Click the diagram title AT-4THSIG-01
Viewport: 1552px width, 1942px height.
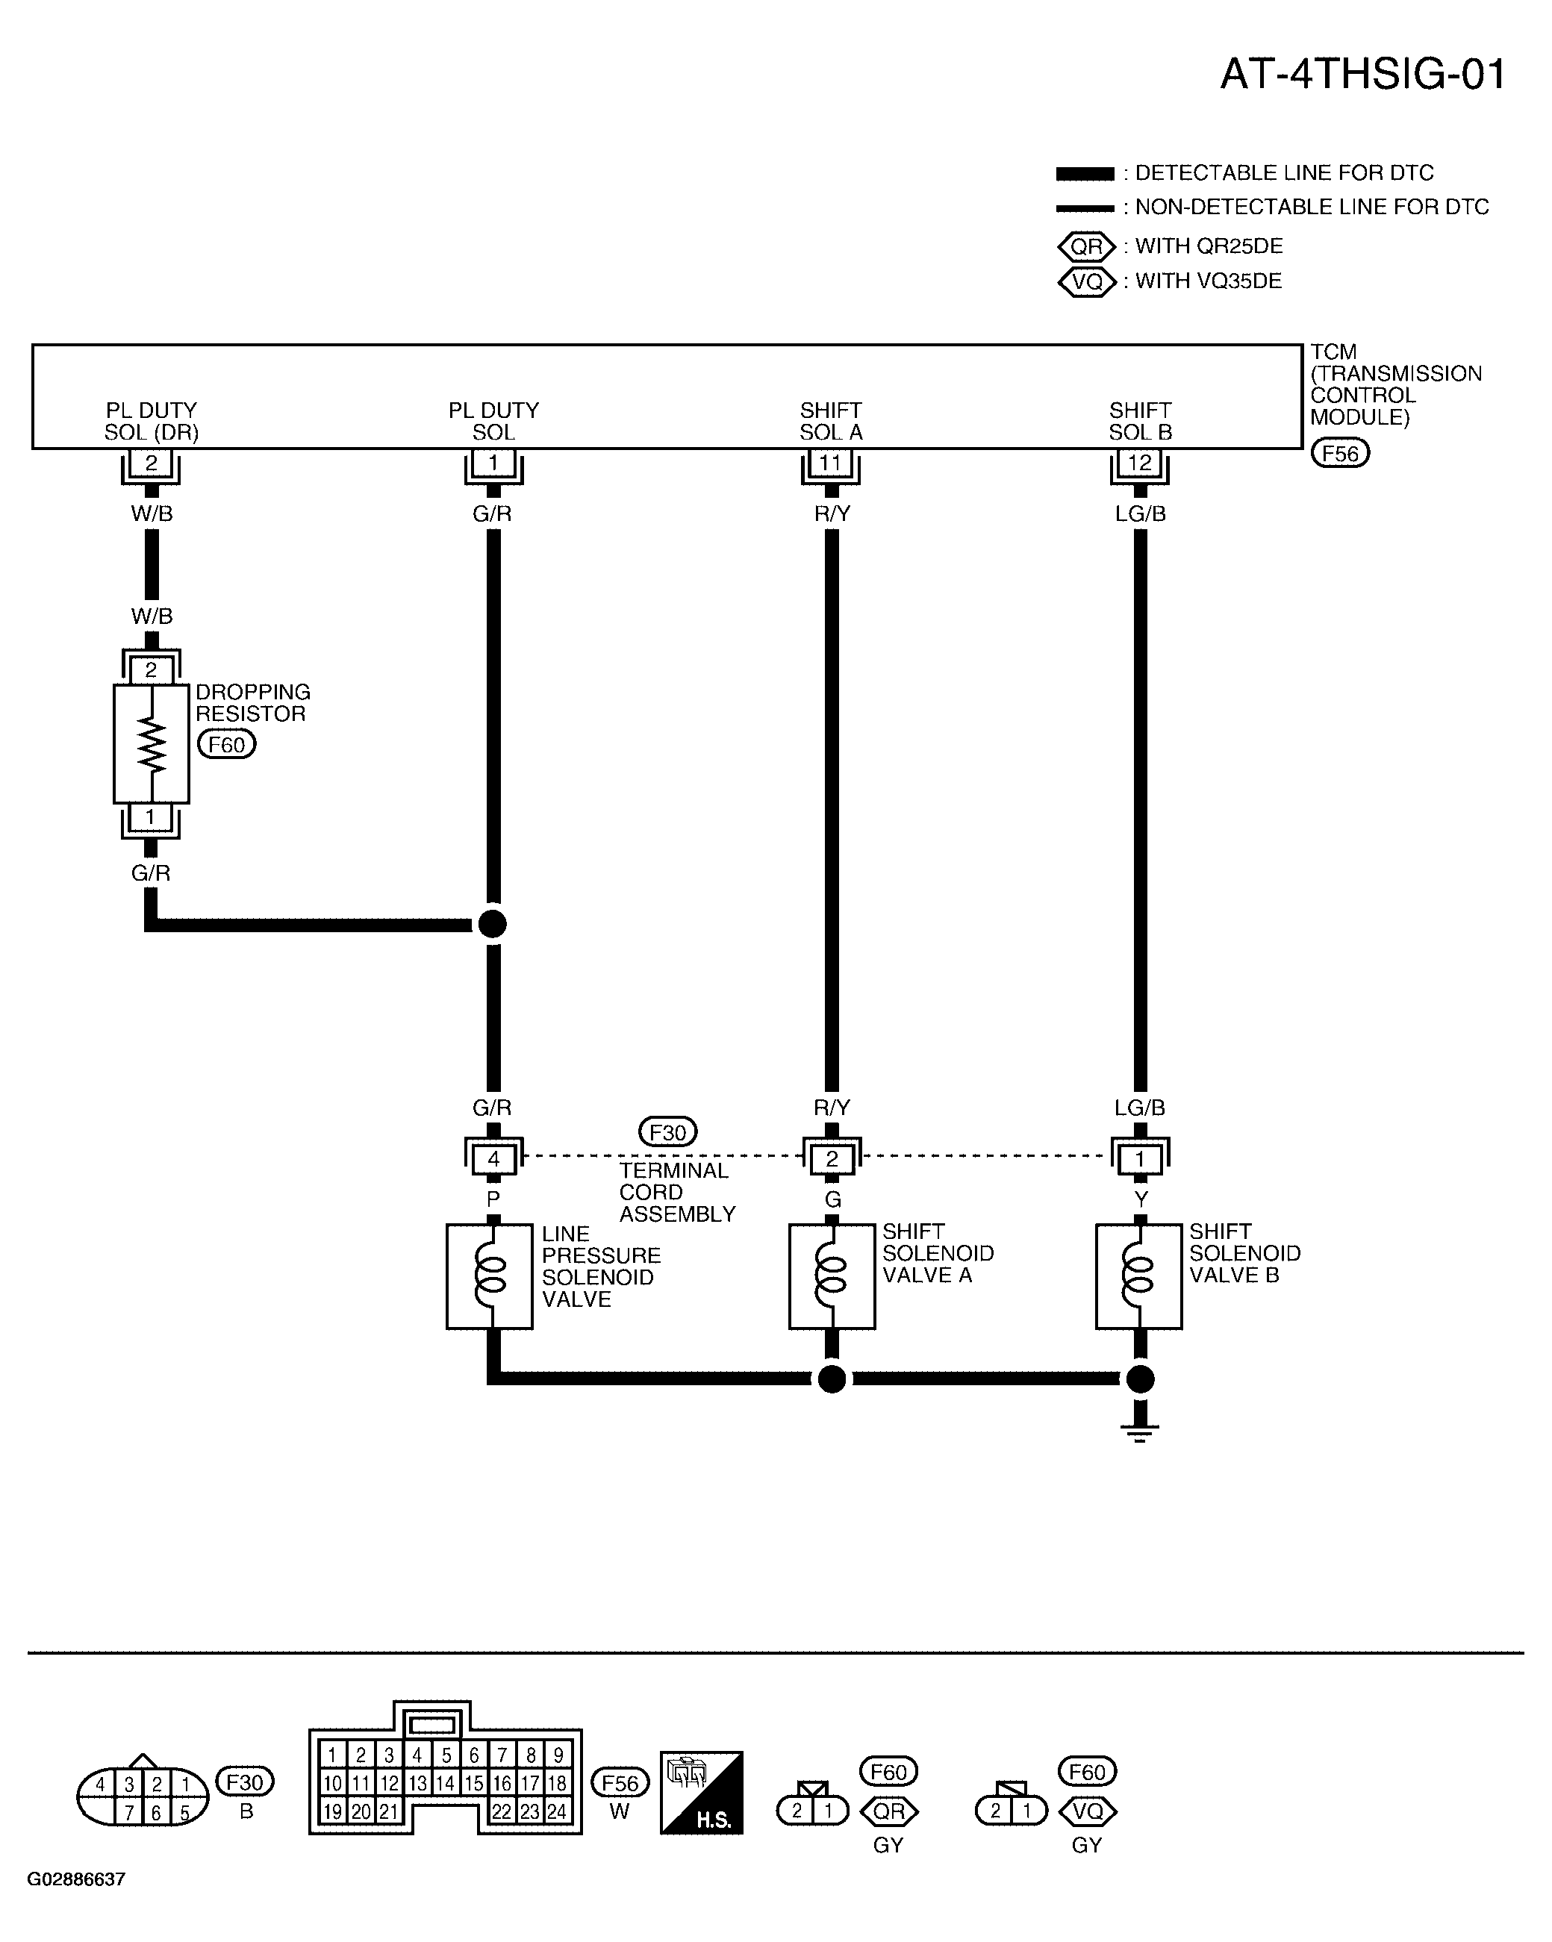pos(1363,74)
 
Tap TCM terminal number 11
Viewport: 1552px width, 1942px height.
pos(831,463)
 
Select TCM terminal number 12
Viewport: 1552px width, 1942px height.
pos(1139,463)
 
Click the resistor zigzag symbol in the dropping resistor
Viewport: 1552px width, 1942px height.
pos(152,746)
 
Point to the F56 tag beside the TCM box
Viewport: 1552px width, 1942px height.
pos(1339,453)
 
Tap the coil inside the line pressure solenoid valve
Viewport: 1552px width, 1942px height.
pos(493,1276)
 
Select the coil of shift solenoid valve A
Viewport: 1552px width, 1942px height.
pos(832,1276)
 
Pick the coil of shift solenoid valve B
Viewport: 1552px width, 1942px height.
pos(1139,1276)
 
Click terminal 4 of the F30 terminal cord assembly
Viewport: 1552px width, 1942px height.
pos(493,1159)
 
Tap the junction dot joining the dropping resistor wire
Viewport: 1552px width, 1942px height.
pos(492,924)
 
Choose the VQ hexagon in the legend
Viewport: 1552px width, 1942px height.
pos(1086,282)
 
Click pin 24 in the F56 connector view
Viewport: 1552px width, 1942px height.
pos(558,1811)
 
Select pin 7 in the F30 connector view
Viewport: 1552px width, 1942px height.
pos(130,1813)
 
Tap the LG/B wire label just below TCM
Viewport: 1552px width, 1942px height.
pos(1139,514)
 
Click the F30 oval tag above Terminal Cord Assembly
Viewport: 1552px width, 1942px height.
pos(667,1132)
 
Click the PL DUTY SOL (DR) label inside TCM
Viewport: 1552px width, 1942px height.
pos(152,422)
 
